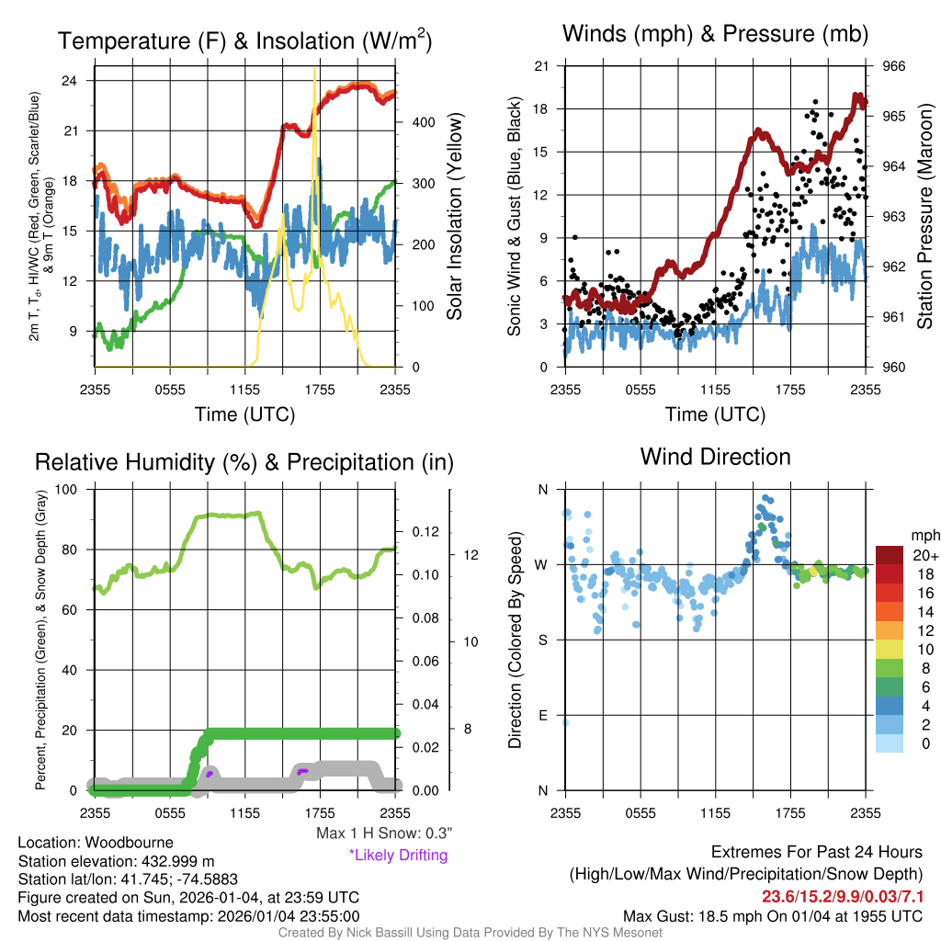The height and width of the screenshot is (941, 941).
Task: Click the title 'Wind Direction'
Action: pyautogui.click(x=715, y=457)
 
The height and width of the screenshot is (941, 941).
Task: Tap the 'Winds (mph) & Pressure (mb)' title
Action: pyautogui.click(x=715, y=34)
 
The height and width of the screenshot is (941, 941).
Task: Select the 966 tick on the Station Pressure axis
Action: pyautogui.click(x=893, y=66)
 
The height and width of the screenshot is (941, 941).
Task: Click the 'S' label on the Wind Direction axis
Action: pyautogui.click(x=541, y=640)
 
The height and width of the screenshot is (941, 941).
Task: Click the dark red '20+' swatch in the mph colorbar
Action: pyautogui.click(x=889, y=555)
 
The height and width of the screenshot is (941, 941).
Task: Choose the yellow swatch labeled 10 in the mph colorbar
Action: pyautogui.click(x=889, y=649)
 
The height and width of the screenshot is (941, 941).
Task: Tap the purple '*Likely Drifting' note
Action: pyautogui.click(x=398, y=855)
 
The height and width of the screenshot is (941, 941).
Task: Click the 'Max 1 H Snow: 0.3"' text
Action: pyautogui.click(x=384, y=833)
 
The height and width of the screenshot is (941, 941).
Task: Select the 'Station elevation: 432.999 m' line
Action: pyautogui.click(x=116, y=861)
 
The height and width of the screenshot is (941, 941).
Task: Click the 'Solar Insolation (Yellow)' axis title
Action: pyautogui.click(x=454, y=217)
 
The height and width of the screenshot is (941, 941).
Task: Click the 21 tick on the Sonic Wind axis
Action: pyautogui.click(x=541, y=66)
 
